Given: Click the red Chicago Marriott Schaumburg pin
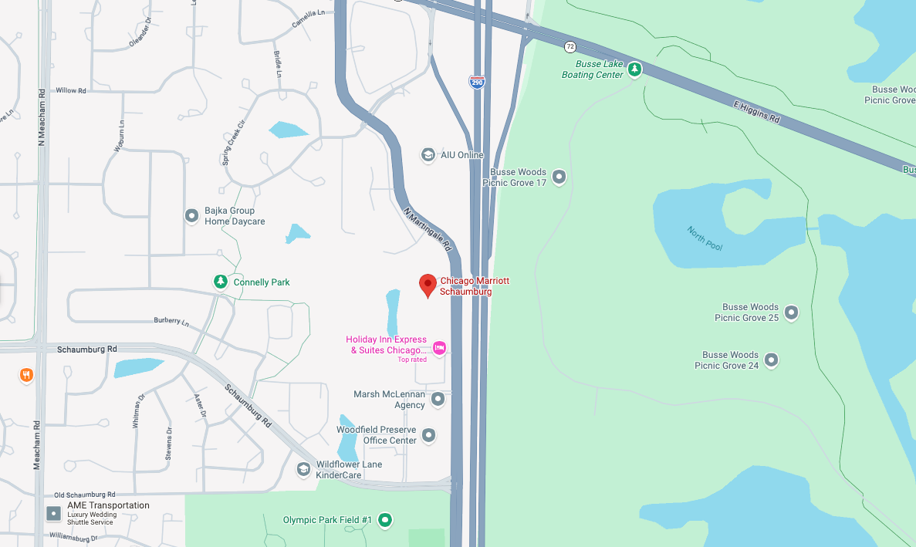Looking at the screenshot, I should pos(428,285).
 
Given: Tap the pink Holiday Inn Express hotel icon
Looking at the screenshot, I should pos(439,348).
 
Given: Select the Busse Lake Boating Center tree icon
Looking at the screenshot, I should pos(634,69).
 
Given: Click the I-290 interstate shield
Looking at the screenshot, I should pos(478,82).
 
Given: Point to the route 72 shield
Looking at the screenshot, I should pos(570,46).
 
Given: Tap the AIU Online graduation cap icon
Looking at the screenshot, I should pos(428,155).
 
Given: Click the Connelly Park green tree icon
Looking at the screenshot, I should pos(221,282).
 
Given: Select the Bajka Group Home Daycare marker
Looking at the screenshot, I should pos(192,216).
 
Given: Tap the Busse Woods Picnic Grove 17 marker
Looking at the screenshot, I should pos(559,177).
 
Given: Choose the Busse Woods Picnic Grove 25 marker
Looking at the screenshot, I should pos(791,312).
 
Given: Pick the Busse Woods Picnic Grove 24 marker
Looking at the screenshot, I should pos(771,360).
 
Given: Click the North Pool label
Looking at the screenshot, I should pos(705,238).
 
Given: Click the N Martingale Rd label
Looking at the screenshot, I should pos(427,229).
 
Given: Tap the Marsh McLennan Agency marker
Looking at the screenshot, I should pos(438,399).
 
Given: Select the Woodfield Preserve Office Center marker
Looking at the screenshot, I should pos(430,435).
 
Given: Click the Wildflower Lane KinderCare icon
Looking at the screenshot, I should pos(304,469).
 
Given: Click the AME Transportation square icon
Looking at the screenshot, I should pos(53,513).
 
